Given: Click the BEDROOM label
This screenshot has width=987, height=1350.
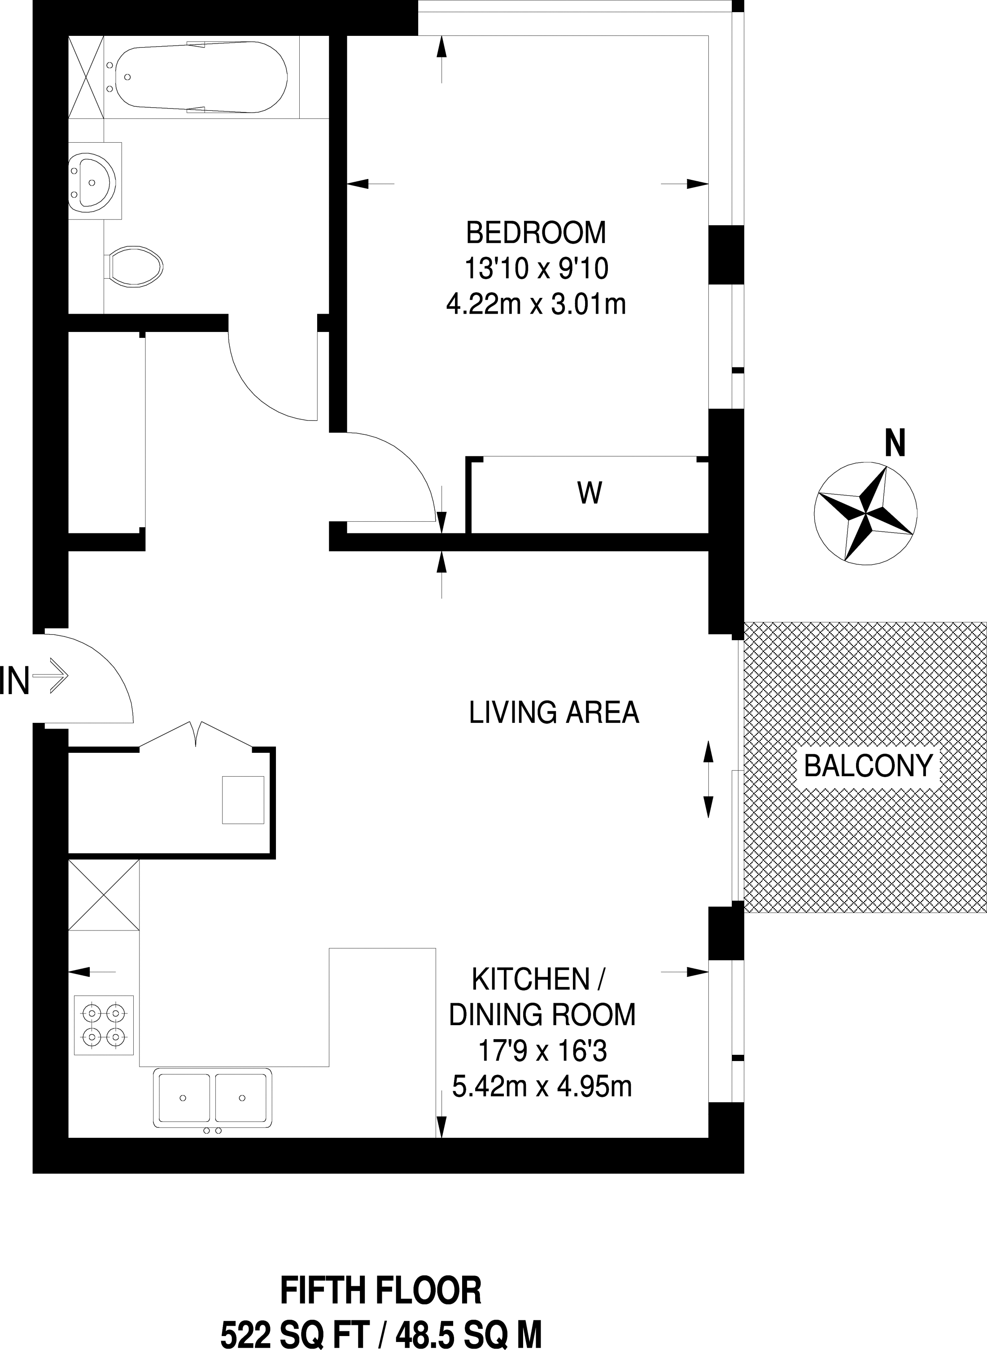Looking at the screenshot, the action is click(536, 232).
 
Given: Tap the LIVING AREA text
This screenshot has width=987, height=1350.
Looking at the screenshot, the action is click(554, 712).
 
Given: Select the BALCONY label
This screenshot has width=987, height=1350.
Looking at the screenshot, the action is click(868, 765).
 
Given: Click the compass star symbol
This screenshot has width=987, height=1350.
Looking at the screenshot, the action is click(866, 512).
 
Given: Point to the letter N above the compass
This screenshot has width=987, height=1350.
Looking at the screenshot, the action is click(895, 444).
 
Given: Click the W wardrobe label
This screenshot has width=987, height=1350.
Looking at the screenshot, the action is click(590, 494).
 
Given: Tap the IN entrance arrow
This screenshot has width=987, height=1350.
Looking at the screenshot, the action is click(51, 677).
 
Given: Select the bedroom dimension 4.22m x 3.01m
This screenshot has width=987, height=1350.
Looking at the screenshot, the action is click(536, 305).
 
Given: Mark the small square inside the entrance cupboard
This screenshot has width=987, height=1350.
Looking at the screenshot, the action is click(243, 800).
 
